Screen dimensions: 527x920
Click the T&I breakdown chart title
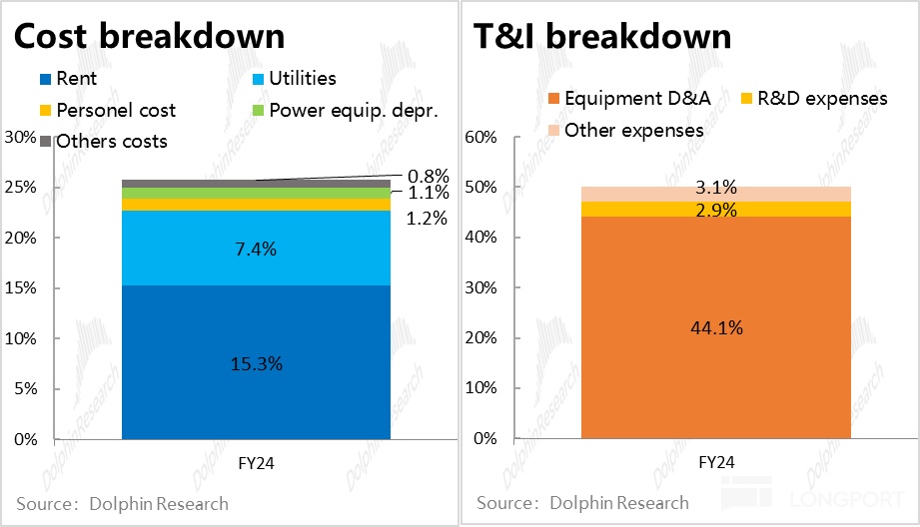tap(601, 36)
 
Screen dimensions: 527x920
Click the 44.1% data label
tap(715, 327)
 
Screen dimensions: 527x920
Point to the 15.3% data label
tap(256, 364)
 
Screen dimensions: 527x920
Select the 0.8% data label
tap(429, 176)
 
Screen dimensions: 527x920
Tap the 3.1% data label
tap(715, 187)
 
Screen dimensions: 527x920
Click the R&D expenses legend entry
tap(815, 98)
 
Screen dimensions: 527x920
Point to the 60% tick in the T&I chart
tap(481, 137)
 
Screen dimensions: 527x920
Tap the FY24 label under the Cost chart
tap(256, 463)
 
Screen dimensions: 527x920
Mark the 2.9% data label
tap(715, 210)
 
